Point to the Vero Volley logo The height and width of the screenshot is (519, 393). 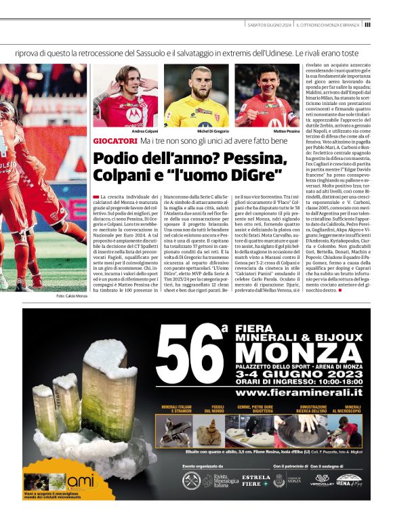point(322,480)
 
